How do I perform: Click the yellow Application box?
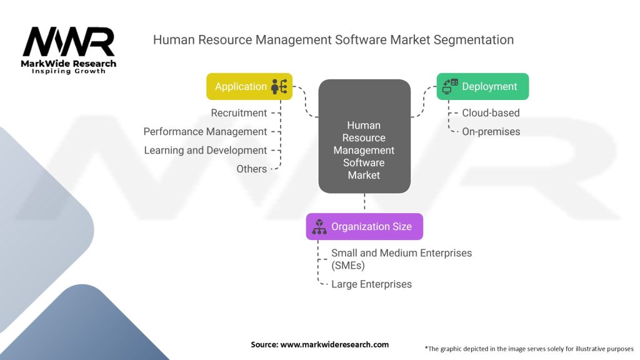[249, 87]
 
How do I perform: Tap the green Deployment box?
[482, 87]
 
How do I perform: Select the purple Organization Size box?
[364, 227]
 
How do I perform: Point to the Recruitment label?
[239, 113]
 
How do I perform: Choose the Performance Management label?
[205, 132]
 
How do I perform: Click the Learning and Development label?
[205, 151]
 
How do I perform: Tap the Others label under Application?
[251, 169]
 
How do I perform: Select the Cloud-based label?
[491, 113]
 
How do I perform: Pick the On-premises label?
[491, 132]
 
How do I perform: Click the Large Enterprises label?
[371, 284]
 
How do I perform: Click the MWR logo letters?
[69, 42]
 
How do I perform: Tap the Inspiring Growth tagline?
[69, 71]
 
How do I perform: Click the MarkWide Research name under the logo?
[69, 63]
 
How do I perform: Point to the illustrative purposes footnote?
[529, 348]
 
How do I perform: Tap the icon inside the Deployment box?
[450, 86]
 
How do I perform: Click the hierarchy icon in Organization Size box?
[319, 227]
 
